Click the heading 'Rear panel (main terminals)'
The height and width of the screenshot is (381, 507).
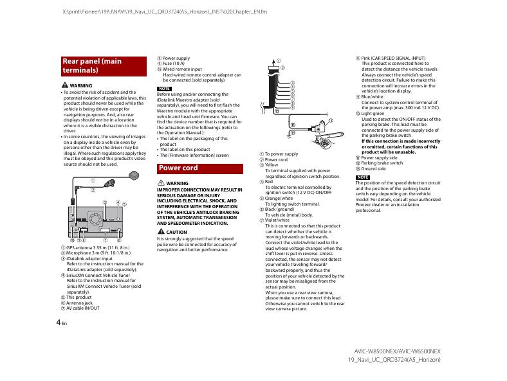coord(103,66)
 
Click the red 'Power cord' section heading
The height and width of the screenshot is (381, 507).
coord(199,168)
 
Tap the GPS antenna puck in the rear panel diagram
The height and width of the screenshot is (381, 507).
coord(134,174)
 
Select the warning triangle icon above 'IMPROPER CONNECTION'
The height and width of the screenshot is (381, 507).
coord(161,183)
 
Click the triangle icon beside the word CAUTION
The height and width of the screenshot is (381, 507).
coord(161,231)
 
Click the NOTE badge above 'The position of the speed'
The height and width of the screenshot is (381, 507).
coord(363,177)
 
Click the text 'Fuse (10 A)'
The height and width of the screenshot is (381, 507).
coord(173,64)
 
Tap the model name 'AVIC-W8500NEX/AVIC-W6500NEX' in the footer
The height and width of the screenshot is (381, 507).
coord(397,351)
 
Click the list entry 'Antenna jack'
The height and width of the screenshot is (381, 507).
coord(79,303)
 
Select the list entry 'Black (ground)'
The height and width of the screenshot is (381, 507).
coord(280,209)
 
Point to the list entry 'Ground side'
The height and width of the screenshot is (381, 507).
coord(375,168)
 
